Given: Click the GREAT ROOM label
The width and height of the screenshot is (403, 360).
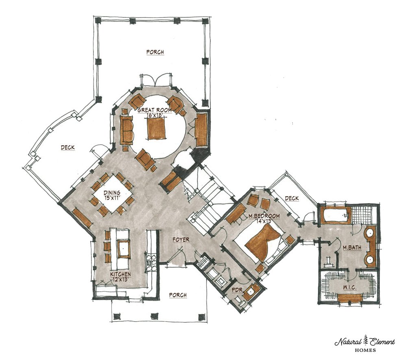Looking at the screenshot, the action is tap(155, 110).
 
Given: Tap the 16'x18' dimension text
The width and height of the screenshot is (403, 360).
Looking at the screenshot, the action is tap(155, 115).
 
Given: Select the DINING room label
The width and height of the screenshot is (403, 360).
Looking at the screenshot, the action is tap(112, 193).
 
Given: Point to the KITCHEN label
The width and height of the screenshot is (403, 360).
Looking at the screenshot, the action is tap(120, 275).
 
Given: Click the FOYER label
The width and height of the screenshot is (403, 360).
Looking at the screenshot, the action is tap(181, 240).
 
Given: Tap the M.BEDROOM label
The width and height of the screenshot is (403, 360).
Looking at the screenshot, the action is tap(264, 216).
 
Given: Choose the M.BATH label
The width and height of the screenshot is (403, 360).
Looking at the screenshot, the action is tap(352, 247).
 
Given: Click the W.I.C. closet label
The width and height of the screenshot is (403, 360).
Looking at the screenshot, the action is tap(350, 287).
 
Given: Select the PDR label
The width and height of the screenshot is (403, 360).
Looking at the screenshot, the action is tap(237, 290).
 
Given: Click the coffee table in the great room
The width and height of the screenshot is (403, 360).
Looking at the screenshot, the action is tap(156, 128).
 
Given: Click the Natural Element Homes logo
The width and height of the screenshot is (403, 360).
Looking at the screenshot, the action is tap(365, 344).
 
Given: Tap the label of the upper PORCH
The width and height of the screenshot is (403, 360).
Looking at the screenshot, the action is tap(155, 52).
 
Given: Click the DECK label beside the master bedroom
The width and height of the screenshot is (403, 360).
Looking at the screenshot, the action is tap(292, 198).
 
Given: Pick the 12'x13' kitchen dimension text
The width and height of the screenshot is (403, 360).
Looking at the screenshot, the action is tap(120, 280).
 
